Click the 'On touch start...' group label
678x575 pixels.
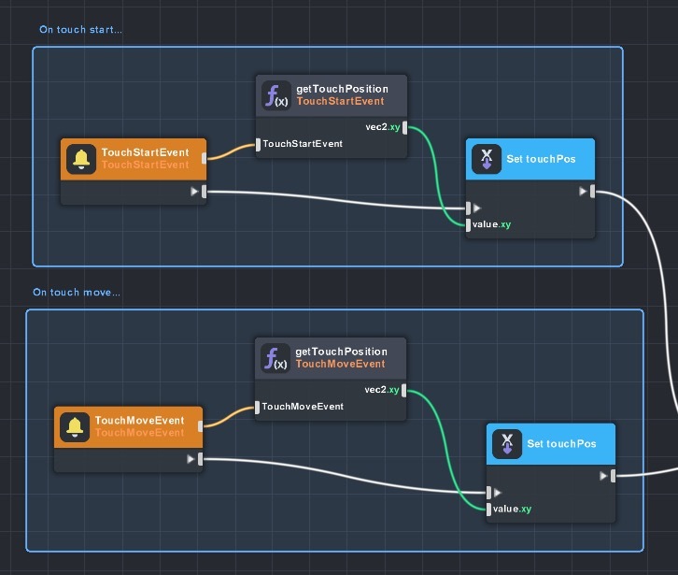click(80, 30)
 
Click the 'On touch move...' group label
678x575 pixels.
click(77, 293)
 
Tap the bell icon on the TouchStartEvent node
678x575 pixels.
click(82, 159)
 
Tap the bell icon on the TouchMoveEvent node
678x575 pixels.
click(76, 426)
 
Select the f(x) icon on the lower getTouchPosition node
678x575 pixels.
click(275, 358)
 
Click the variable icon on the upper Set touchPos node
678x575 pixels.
click(485, 159)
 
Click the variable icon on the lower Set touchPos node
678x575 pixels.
click(506, 443)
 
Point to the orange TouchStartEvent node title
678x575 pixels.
click(145, 152)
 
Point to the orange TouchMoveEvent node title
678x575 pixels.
click(139, 421)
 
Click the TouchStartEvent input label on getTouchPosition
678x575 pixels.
click(303, 144)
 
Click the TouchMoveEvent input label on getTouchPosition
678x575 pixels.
click(303, 407)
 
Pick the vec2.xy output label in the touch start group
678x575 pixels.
click(381, 126)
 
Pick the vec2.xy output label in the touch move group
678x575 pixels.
click(381, 390)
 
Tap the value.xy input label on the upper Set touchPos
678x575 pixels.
click(492, 224)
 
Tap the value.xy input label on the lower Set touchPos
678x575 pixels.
click(512, 509)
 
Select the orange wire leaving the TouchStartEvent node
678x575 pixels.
click(231, 151)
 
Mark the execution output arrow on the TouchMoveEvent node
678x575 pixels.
click(191, 459)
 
